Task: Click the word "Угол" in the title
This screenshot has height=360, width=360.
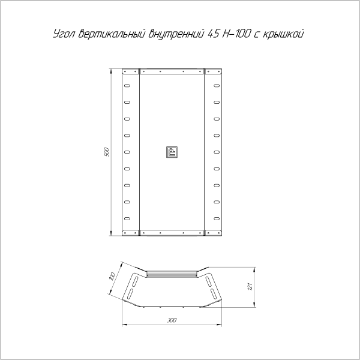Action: point(61,34)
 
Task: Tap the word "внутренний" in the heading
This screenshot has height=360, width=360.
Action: point(176,34)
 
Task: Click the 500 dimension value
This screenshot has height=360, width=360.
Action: point(107,152)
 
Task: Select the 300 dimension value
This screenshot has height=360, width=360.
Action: point(173,320)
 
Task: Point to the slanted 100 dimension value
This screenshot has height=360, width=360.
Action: point(112,277)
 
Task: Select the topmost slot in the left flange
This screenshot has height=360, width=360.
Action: point(127,87)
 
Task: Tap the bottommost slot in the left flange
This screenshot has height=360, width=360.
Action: point(127,217)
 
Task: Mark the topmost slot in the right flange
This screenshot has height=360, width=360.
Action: point(217,87)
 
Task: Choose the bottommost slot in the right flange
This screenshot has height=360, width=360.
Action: point(217,217)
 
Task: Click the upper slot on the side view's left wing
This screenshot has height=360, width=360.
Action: point(137,280)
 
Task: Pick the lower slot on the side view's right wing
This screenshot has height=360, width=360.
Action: point(212,293)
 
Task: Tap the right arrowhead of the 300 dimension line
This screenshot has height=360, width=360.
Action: point(221,326)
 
